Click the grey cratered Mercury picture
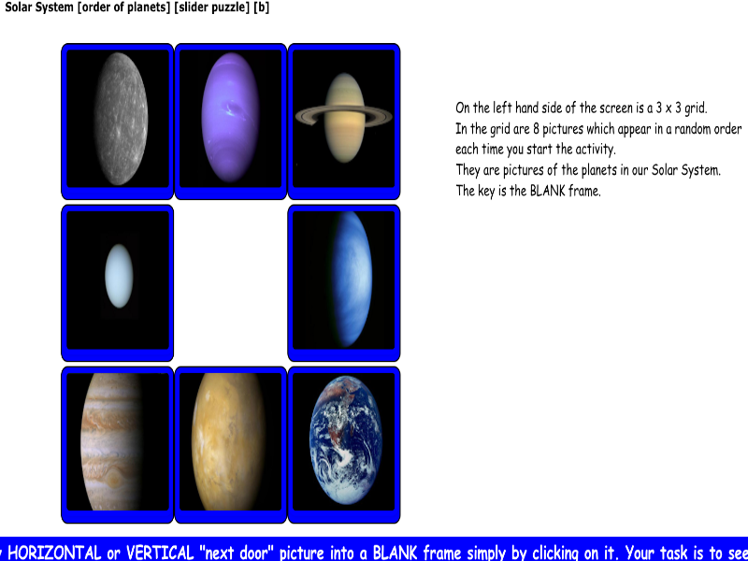point(118,120)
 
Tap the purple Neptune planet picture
point(231,120)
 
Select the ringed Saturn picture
point(344,120)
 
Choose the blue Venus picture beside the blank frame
point(344,280)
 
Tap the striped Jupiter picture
point(118,444)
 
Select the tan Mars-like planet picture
point(231,444)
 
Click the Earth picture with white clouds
point(344,444)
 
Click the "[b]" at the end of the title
point(261,7)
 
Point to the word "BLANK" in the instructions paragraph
point(550,191)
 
